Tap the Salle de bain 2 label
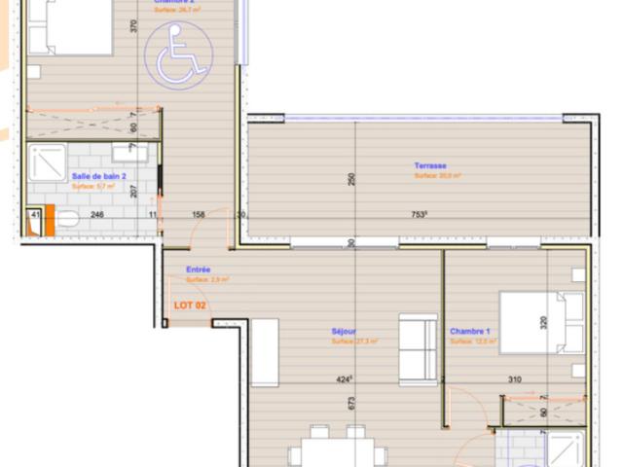[x=98, y=176]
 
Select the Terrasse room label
[x=429, y=165]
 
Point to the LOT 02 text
[x=189, y=305]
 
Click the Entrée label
[x=200, y=269]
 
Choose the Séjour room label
[x=343, y=332]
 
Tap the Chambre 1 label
[x=469, y=332]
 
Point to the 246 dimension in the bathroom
[x=96, y=216]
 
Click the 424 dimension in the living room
[x=343, y=379]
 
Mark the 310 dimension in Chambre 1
[x=517, y=379]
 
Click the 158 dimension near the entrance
[x=199, y=216]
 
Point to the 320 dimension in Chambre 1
[x=544, y=322]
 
